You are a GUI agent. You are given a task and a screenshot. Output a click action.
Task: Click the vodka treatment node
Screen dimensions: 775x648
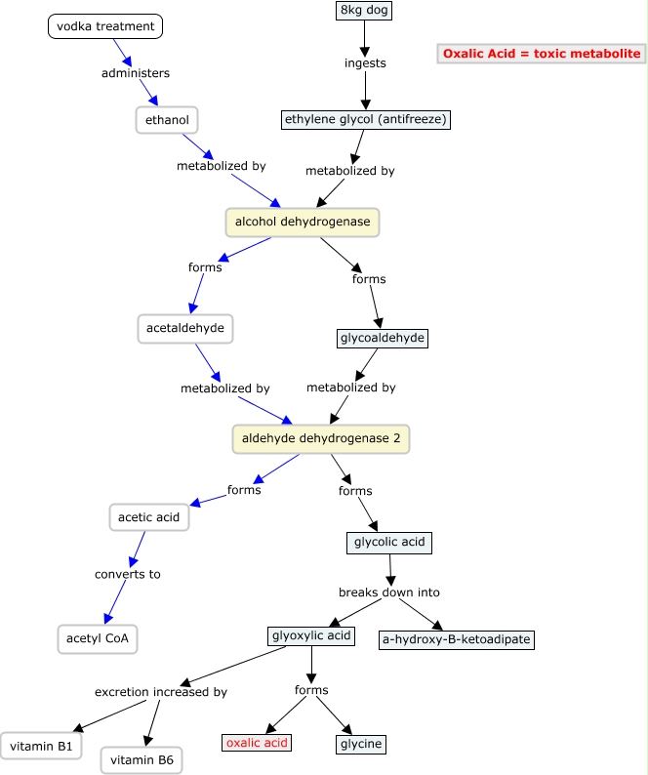[105, 26]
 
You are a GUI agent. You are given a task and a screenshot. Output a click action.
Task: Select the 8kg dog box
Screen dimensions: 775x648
[364, 11]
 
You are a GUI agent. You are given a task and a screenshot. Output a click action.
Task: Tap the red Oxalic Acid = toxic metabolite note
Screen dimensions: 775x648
[542, 54]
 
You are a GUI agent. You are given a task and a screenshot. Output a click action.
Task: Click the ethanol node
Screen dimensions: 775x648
[167, 120]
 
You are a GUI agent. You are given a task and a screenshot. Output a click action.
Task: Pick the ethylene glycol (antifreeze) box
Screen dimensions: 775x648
[366, 120]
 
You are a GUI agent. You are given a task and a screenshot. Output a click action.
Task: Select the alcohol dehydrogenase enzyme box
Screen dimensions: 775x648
[303, 223]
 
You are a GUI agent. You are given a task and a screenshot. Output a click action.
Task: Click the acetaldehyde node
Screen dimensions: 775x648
[186, 328]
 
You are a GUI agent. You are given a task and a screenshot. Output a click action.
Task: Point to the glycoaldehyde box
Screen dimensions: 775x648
[382, 339]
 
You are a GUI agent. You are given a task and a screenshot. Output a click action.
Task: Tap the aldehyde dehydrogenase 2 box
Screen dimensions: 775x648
[321, 439]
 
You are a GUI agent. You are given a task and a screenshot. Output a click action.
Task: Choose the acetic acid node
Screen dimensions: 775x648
[148, 517]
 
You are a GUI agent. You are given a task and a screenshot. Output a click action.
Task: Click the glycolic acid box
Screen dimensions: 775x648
[388, 542]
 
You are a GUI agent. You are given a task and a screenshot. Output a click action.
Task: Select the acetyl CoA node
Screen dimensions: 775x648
[98, 639]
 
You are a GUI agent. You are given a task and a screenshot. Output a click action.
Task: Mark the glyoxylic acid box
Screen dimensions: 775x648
[310, 636]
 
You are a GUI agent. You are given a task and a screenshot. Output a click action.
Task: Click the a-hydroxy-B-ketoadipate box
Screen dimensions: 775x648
[457, 640]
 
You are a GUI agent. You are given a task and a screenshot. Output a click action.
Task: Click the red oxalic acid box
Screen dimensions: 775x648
[257, 743]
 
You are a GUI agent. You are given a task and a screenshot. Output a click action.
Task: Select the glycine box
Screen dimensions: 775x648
[361, 745]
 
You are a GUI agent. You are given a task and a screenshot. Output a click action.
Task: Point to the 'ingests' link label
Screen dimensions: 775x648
[365, 63]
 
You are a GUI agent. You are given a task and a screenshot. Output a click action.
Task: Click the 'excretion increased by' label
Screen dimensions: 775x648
[161, 692]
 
